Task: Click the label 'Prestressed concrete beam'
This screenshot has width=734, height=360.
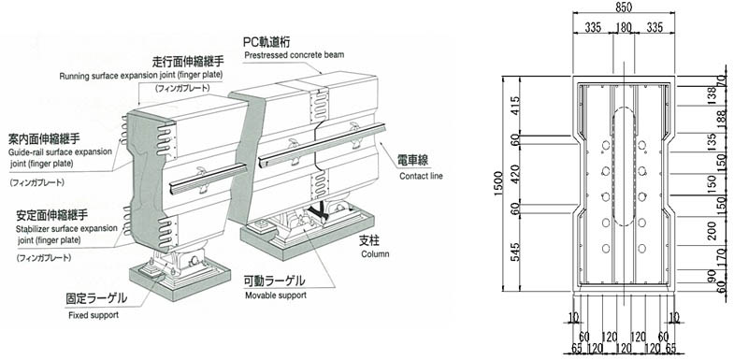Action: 294,55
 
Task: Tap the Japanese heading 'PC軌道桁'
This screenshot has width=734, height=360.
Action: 266,42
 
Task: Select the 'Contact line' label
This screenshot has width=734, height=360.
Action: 421,176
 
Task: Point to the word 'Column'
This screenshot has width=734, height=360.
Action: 375,254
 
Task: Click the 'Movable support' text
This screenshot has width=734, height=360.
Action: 276,295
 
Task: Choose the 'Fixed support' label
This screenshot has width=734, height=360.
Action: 94,314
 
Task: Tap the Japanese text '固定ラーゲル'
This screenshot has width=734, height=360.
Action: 96,298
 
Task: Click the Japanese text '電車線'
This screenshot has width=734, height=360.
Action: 413,160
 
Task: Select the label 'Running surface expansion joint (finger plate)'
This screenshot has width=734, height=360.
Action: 141,76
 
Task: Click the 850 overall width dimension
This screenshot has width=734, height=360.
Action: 624,7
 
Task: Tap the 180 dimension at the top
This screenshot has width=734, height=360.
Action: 624,27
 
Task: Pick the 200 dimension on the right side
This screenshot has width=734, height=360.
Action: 712,231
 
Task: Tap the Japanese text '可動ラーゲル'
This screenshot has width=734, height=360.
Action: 275,281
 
